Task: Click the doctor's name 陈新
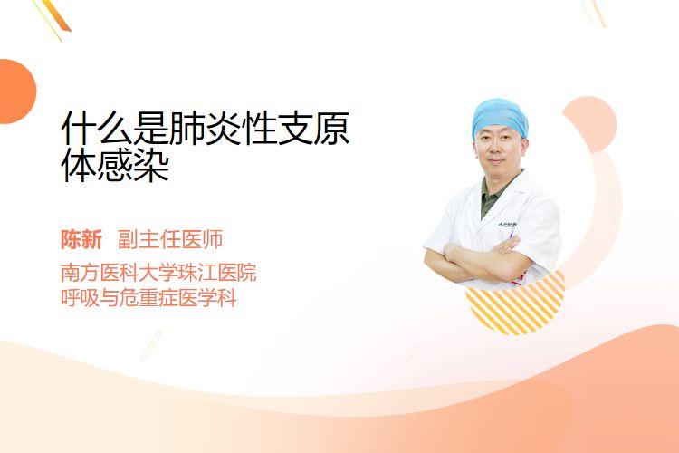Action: click(x=81, y=240)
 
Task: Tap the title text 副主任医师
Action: click(x=170, y=240)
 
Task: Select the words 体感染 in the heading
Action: click(x=115, y=166)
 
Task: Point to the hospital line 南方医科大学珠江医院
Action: click(x=158, y=273)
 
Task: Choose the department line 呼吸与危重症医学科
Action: click(x=148, y=299)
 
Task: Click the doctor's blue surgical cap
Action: click(x=500, y=116)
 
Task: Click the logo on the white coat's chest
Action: click(x=507, y=225)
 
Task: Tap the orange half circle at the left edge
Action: click(x=16, y=92)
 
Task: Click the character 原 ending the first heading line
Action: click(x=331, y=129)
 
